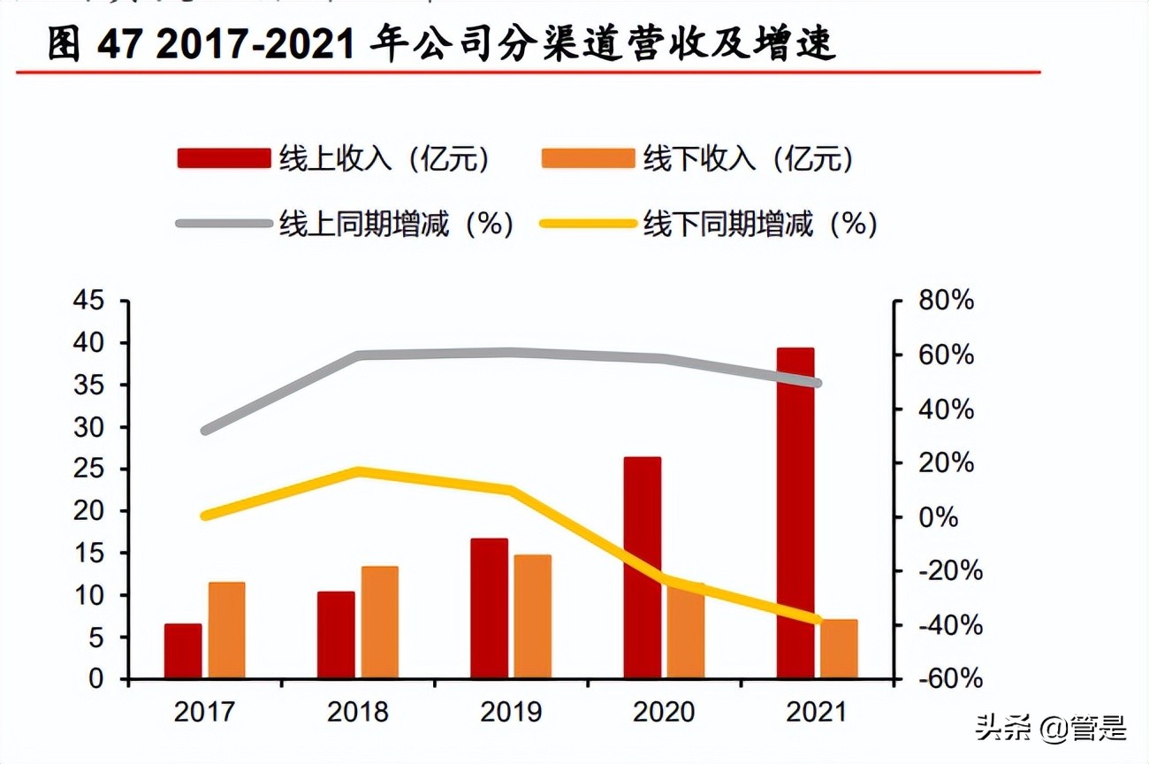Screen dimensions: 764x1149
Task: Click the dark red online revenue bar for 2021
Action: [795, 513]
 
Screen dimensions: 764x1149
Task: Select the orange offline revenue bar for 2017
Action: [226, 630]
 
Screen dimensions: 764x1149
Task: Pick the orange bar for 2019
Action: [533, 617]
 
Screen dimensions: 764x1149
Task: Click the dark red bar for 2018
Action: [336, 635]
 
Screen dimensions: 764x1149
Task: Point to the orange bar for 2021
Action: [839, 649]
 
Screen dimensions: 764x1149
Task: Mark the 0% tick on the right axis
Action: [940, 517]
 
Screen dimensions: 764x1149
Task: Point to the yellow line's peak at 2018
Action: [358, 471]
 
